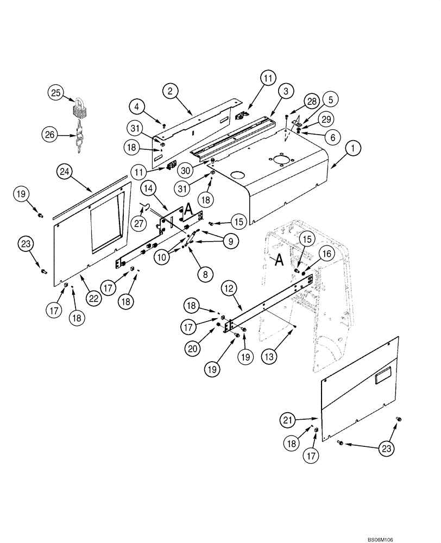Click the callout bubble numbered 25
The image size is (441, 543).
(55, 93)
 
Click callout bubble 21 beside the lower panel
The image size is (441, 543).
(288, 419)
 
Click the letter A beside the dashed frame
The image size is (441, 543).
(279, 261)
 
